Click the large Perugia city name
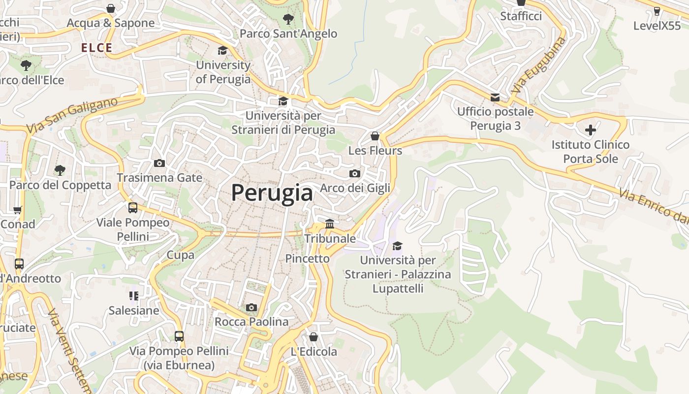point(272,193)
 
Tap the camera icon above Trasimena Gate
point(159,163)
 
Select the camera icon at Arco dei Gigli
point(354,173)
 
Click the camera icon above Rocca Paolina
point(251,308)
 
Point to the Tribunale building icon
point(330,224)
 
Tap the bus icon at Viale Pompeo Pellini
point(133,207)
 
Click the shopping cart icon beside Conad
point(18,210)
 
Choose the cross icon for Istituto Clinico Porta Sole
point(590,130)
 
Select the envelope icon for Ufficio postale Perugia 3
point(495,98)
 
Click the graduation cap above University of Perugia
point(223,50)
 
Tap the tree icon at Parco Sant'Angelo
point(288,19)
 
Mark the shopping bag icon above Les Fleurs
point(375,136)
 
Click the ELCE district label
point(97,48)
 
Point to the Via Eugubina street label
point(538,66)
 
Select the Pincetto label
point(308,258)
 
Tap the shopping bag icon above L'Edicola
point(313,337)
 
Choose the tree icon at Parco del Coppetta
point(60,170)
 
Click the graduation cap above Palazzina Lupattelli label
point(397,245)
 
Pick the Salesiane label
point(134,310)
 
